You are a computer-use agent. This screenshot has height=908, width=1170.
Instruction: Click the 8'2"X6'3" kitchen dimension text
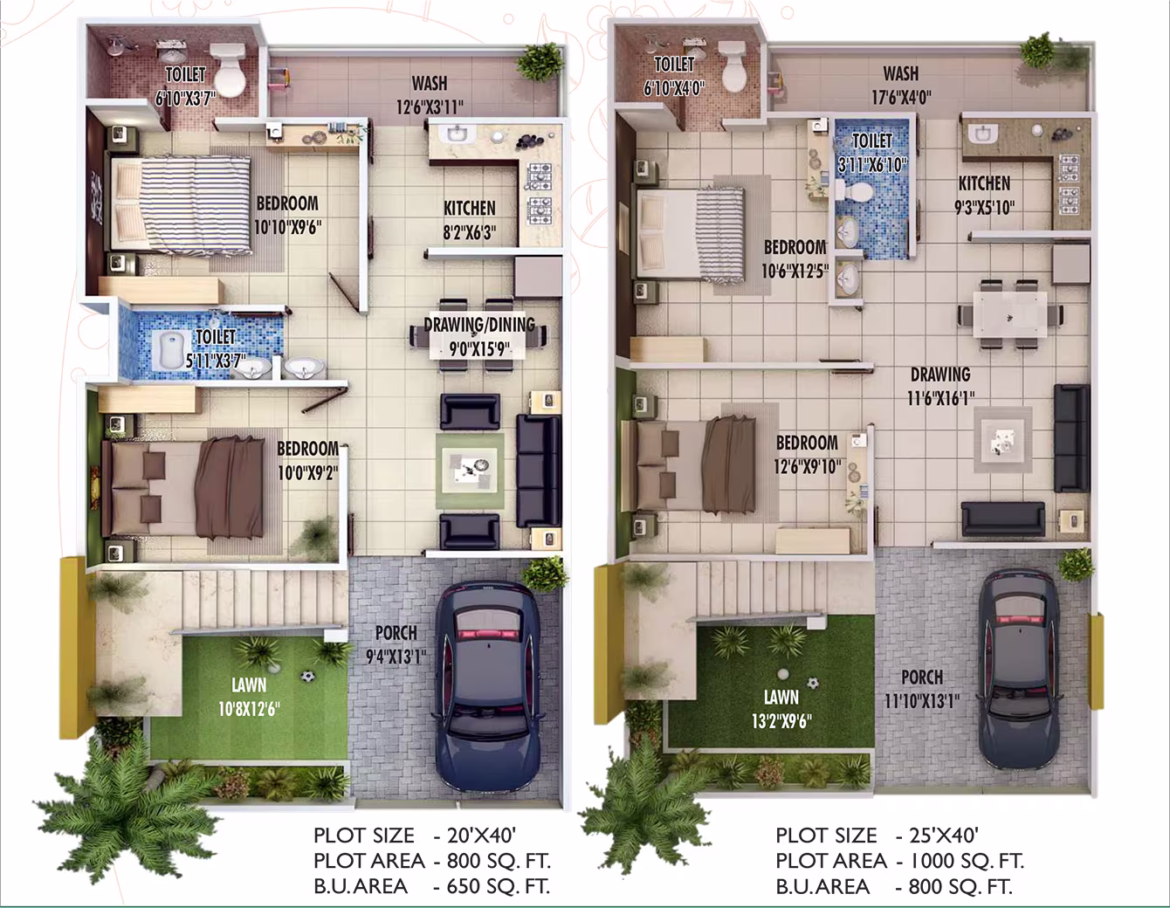[470, 232]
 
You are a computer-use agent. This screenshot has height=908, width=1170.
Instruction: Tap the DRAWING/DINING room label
[479, 325]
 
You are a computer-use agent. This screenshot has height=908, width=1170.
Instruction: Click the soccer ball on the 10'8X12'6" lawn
[307, 676]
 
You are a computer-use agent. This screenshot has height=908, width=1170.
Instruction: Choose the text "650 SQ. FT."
[499, 886]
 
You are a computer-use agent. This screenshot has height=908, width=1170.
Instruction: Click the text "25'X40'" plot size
[944, 835]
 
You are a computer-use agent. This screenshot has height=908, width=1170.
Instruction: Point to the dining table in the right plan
[1009, 314]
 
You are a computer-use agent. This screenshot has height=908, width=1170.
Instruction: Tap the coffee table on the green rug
[470, 471]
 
